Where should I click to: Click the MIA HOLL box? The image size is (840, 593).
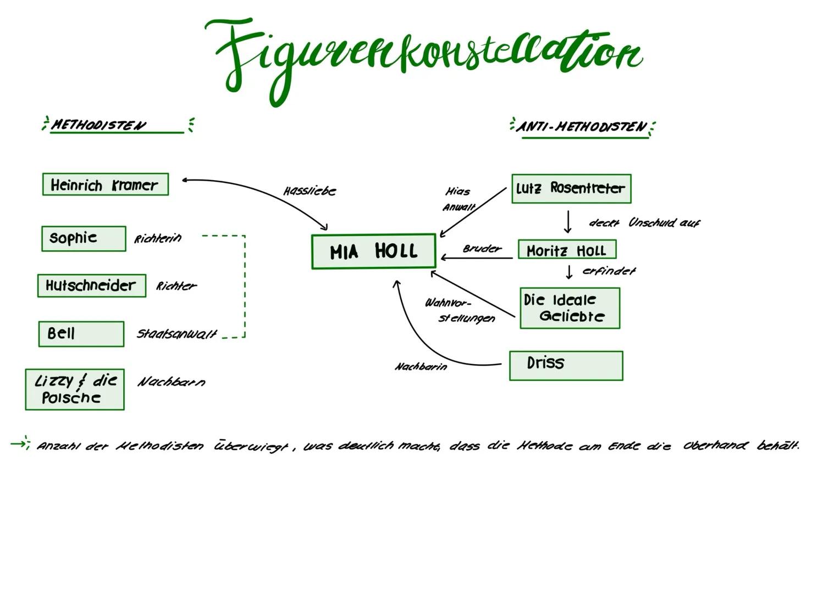tap(373, 251)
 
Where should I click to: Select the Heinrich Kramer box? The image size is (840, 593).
tap(105, 184)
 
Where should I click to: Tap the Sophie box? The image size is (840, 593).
tap(84, 238)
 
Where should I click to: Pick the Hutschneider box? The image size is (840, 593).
tap(92, 286)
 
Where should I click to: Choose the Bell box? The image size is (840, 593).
tap(81, 334)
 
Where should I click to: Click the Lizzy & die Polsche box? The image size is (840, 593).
tap(75, 389)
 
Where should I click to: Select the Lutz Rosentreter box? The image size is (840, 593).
tap(571, 188)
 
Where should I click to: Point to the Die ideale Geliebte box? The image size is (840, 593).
tap(570, 308)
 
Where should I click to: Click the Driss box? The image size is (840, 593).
tap(566, 365)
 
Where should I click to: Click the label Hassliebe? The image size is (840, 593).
tap(310, 191)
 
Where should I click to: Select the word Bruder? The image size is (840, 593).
tap(482, 249)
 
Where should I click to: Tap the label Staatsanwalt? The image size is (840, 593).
tap(176, 334)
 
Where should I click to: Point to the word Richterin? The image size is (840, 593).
tap(158, 239)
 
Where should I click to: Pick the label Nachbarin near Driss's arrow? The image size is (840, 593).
tap(421, 367)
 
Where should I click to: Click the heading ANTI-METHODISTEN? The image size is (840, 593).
tap(582, 127)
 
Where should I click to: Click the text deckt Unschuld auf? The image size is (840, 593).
tap(644, 223)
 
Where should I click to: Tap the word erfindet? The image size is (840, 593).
tap(609, 271)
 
